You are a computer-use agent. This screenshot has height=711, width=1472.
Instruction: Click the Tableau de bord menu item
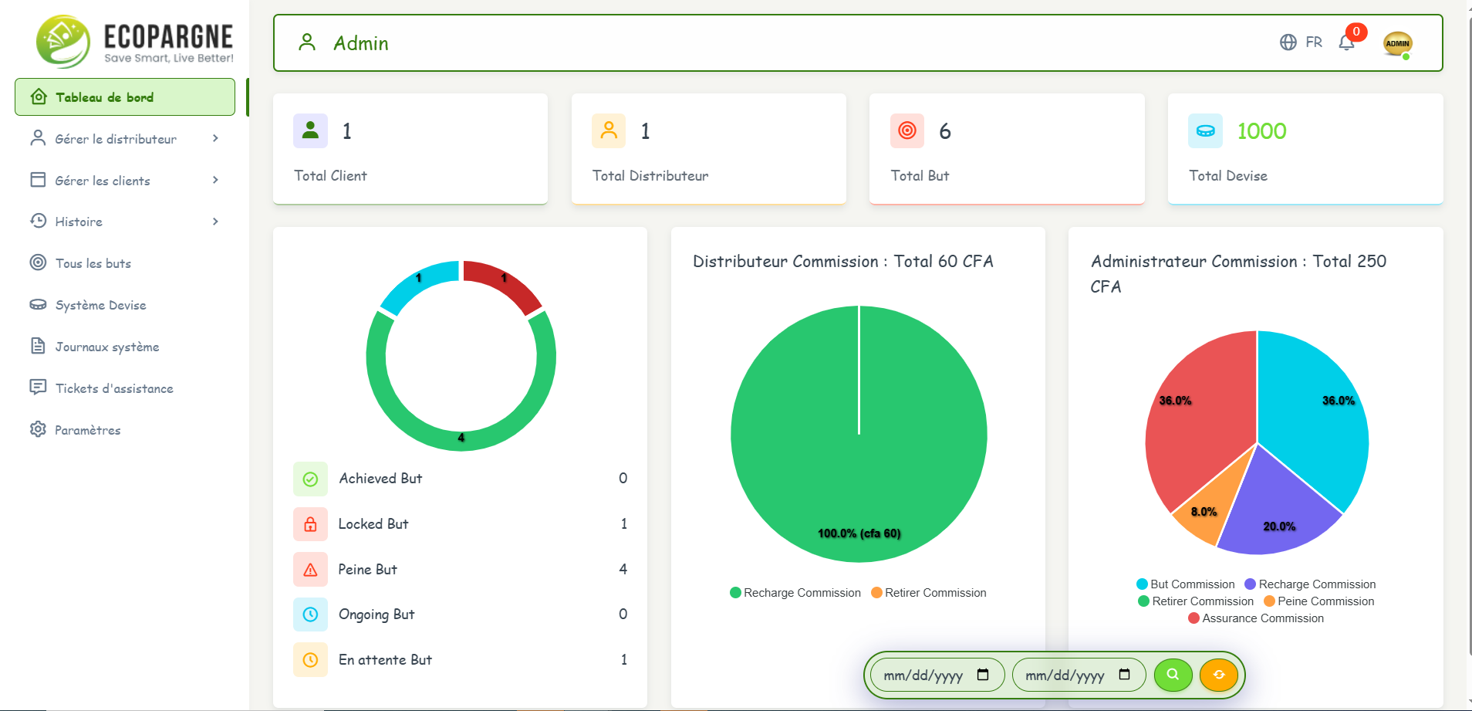coord(124,97)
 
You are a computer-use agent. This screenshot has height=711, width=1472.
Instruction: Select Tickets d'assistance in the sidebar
coord(113,388)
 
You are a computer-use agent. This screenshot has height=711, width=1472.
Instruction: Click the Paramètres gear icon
coord(38,429)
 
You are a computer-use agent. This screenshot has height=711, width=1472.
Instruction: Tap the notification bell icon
coord(1346,43)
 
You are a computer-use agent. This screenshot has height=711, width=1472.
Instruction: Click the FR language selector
coord(1302,42)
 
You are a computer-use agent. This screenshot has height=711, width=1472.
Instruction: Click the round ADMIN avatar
coord(1397,43)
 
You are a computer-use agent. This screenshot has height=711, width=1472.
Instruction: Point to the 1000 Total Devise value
coord(1261,131)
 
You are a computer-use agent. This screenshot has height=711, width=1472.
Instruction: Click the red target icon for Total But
coord(907,130)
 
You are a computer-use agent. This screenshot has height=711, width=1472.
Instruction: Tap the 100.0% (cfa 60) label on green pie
coord(859,533)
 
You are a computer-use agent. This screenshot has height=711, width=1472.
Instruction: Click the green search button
coord(1173,675)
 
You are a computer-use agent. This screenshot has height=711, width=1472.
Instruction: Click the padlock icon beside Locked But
coord(310,524)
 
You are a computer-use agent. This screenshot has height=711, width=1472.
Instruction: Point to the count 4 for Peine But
coord(623,569)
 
